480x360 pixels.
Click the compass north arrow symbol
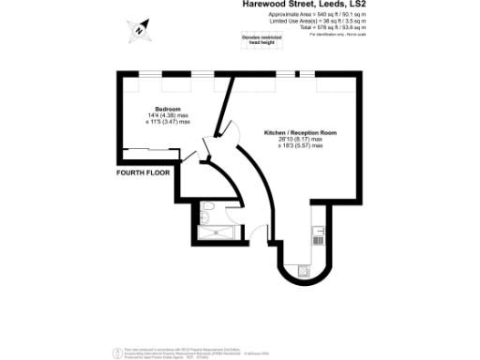(138, 29)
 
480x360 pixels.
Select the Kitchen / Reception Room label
(299, 133)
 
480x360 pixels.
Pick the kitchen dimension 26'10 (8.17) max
(299, 140)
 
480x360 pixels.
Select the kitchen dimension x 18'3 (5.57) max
(299, 146)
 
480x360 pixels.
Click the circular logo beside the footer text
(115, 351)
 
